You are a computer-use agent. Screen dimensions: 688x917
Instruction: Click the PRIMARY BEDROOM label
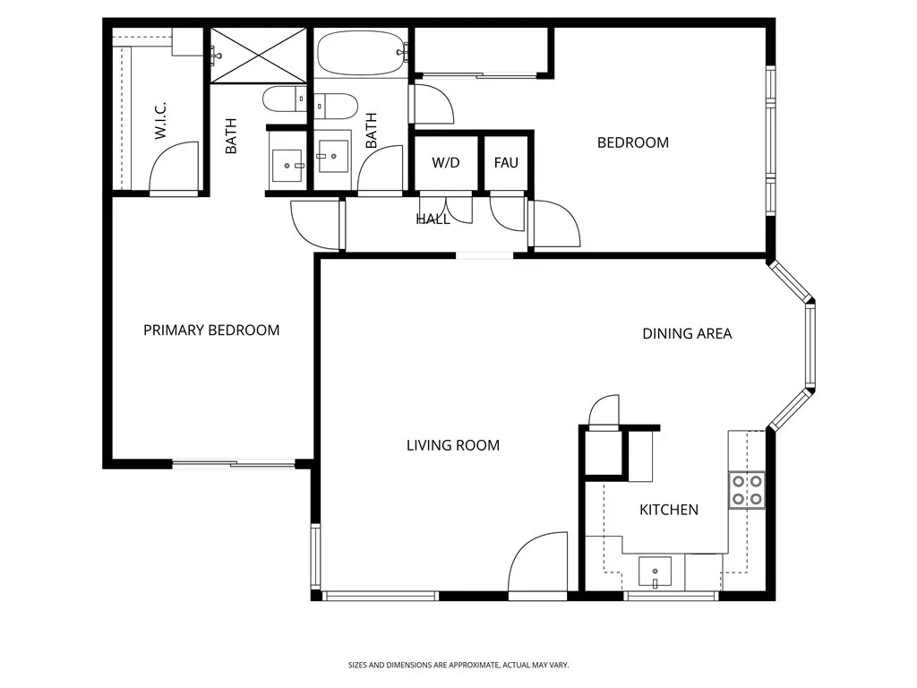click(211, 331)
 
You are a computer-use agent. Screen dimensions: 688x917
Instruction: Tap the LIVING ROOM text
click(452, 445)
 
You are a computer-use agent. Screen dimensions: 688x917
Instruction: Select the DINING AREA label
click(687, 334)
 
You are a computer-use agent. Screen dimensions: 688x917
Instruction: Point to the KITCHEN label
click(668, 510)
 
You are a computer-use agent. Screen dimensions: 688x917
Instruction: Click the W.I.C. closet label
click(161, 119)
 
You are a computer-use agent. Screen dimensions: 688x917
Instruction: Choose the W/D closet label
click(446, 163)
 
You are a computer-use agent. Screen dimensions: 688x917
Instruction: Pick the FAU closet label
click(506, 163)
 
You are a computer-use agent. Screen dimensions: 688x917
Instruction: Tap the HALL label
click(433, 219)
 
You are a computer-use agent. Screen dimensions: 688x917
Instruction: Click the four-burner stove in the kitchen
click(747, 489)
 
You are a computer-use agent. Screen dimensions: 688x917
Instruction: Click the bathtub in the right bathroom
click(360, 54)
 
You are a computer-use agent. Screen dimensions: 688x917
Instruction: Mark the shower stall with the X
click(258, 56)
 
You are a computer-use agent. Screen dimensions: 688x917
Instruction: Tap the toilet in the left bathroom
click(284, 99)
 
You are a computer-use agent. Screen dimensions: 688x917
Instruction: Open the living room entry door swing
click(538, 564)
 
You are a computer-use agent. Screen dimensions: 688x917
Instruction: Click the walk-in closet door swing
click(174, 168)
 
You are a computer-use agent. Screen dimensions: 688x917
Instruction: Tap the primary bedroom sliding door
click(233, 463)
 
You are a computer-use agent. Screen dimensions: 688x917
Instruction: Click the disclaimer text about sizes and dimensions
click(458, 665)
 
